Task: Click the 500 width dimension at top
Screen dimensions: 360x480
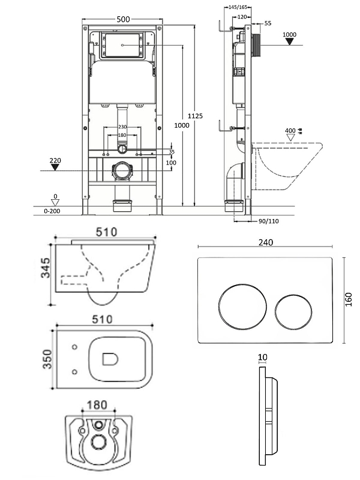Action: click(x=123, y=19)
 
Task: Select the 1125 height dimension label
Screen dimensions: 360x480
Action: click(x=195, y=116)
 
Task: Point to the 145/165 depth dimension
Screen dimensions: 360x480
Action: click(x=238, y=7)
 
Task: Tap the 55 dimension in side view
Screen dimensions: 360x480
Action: click(x=268, y=23)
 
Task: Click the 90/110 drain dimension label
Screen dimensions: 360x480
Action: click(x=268, y=221)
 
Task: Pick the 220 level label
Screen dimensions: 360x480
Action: click(x=55, y=160)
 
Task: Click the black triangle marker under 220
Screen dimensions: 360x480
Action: click(x=55, y=167)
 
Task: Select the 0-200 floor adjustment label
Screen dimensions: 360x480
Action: click(x=52, y=211)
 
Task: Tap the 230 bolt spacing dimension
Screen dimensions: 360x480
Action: click(x=122, y=127)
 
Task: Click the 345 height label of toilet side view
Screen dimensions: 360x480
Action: click(x=46, y=268)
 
